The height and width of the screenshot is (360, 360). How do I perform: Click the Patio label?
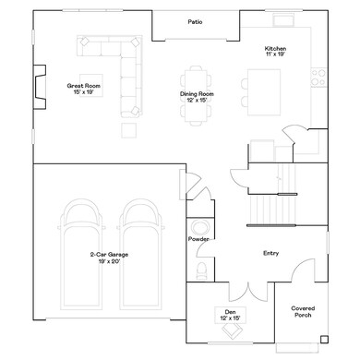(x=195, y=21)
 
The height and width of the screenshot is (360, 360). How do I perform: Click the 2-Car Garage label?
(x=105, y=258)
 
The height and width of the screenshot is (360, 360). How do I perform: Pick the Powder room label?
(x=198, y=239)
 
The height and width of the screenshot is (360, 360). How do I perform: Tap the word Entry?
(x=270, y=253)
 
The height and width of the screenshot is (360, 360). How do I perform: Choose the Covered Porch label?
(x=304, y=311)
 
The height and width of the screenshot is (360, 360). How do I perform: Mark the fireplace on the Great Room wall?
(x=39, y=86)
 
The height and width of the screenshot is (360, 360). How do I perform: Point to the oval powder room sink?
(x=199, y=227)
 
